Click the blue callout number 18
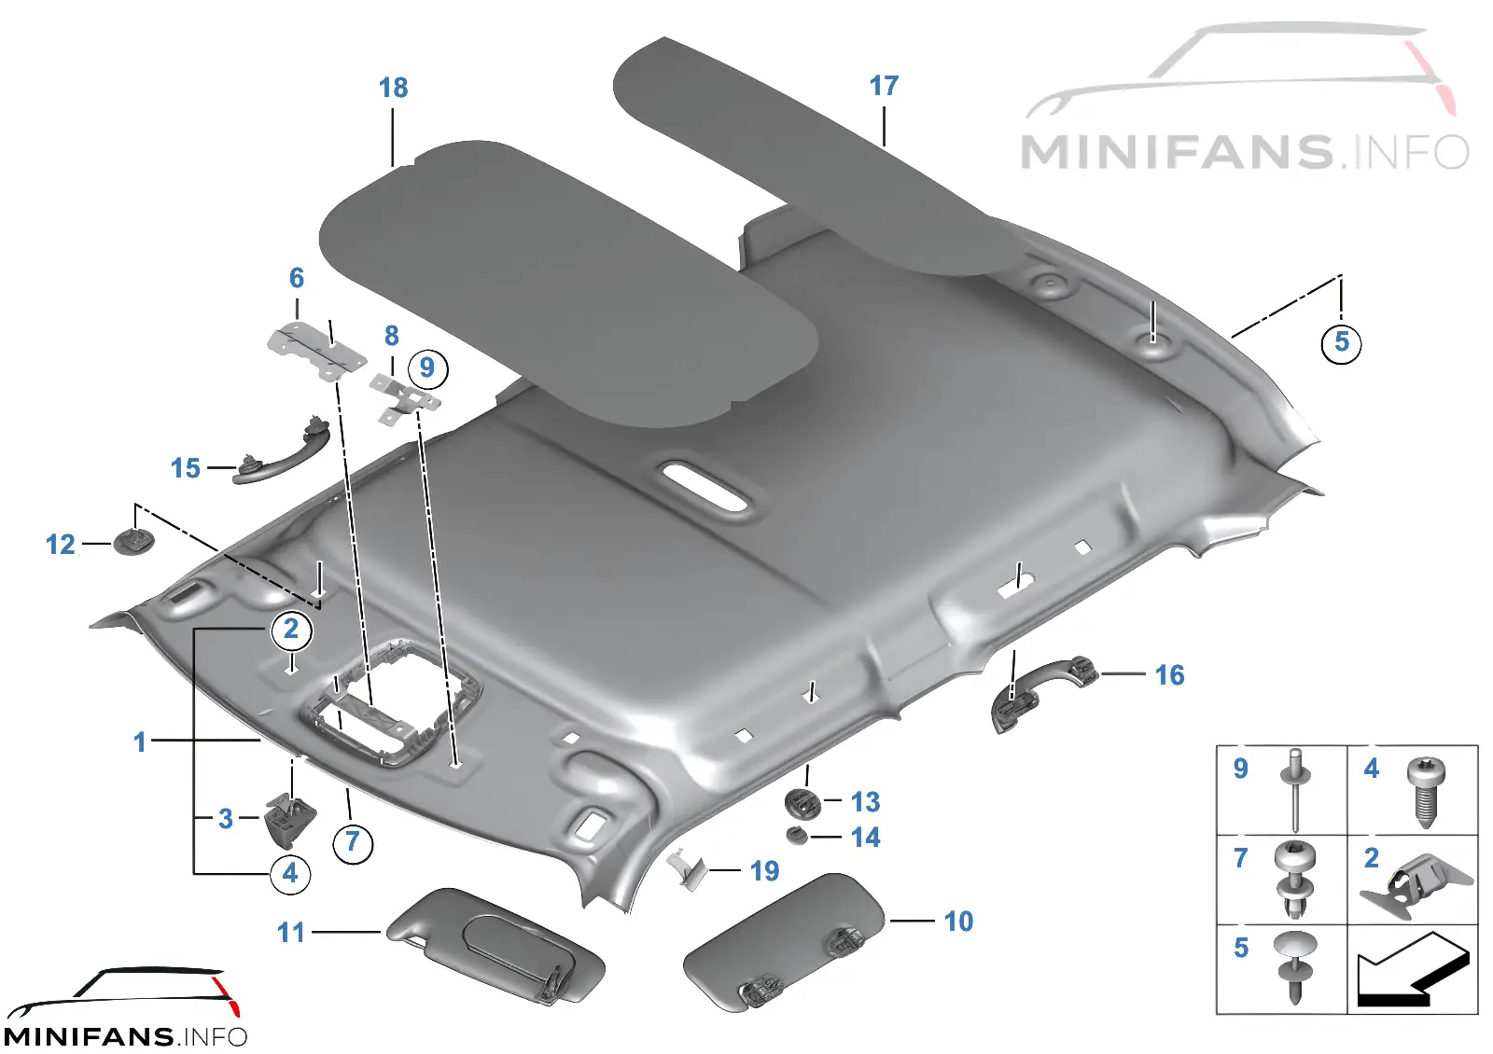click(x=393, y=88)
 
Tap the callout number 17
click(x=884, y=85)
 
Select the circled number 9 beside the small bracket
click(x=427, y=368)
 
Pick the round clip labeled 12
click(x=134, y=541)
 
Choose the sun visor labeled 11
click(x=495, y=946)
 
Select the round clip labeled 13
click(x=803, y=803)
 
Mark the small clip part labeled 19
click(x=687, y=869)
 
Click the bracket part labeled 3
click(x=290, y=819)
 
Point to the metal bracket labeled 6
click(x=317, y=351)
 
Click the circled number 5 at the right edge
click(x=1341, y=342)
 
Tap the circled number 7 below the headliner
click(x=353, y=843)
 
